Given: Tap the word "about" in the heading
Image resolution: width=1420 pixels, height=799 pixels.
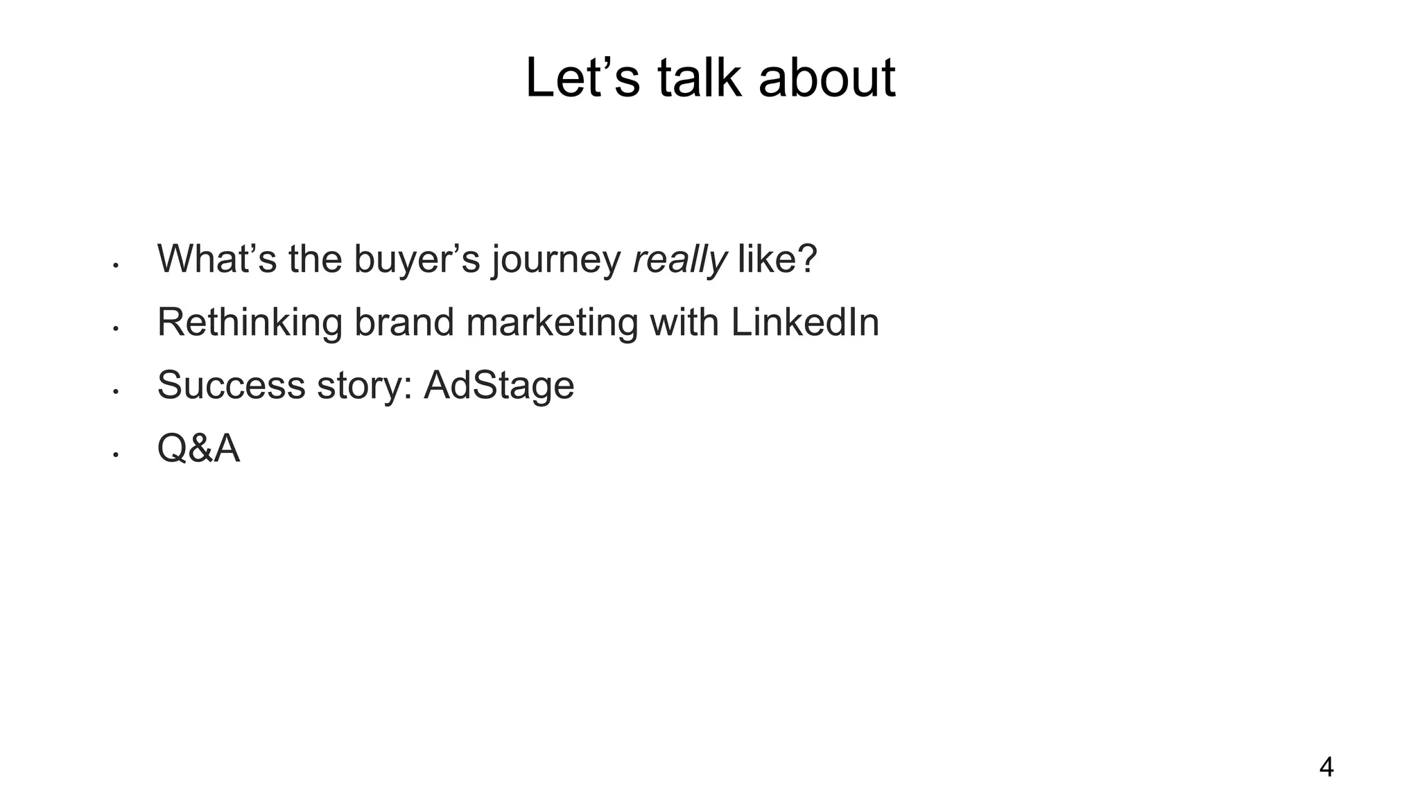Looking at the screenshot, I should pos(826,78).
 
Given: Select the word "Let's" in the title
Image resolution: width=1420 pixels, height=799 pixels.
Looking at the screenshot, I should pos(582,78).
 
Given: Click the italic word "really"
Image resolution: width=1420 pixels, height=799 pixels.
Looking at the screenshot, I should pos(679,259).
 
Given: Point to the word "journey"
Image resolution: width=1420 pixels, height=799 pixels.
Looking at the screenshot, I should pos(556,259).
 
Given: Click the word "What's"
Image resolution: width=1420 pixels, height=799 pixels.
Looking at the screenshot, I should pos(216,259).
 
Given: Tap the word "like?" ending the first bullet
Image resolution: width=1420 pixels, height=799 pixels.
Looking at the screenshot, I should pos(777,259).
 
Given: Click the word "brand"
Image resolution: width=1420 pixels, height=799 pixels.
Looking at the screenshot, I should pos(404,323).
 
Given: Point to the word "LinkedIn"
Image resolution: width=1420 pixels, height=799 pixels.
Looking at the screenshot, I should pos(804,323).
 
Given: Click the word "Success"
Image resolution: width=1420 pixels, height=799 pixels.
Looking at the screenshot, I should pos(231,386).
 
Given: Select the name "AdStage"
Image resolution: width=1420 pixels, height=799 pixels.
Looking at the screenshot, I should pos(499,386).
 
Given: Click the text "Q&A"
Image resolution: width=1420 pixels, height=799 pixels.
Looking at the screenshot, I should pos(198,449).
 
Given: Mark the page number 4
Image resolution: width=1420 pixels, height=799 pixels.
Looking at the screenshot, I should pos(1326,768).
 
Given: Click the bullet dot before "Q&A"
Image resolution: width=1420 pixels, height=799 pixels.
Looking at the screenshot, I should pos(116,455).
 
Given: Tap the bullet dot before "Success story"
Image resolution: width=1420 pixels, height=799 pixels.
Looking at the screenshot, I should pos(116,392).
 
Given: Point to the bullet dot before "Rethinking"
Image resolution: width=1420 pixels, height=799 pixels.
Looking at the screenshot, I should pos(116,329).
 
